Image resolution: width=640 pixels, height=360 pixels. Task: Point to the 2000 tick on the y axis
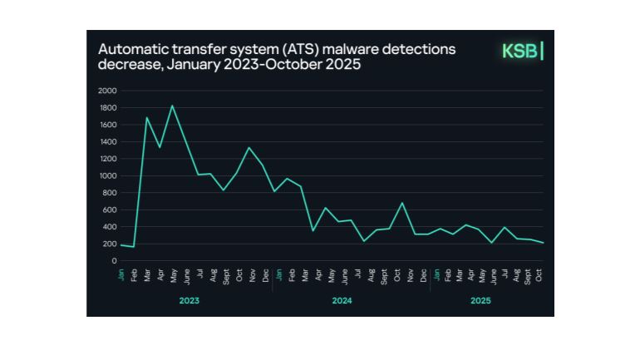[107, 91]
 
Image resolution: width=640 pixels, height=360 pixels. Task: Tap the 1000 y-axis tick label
[107, 175]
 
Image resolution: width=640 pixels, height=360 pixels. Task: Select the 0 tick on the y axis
[115, 261]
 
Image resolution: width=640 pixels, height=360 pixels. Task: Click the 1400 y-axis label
[107, 141]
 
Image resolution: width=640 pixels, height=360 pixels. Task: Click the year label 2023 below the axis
[190, 300]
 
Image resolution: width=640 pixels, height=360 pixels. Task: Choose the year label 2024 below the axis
[342, 300]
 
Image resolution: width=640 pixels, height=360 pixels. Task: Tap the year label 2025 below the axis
[480, 300]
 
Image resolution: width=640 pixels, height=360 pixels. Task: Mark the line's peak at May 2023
[172, 106]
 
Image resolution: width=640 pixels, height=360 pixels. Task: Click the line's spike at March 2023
[147, 117]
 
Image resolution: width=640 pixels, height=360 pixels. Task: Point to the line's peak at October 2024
[402, 203]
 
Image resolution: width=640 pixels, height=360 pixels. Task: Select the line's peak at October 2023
[249, 147]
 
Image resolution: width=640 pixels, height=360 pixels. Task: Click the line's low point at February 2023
[134, 247]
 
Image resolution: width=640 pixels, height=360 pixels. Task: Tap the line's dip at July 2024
[363, 241]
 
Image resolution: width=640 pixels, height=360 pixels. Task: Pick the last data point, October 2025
[542, 243]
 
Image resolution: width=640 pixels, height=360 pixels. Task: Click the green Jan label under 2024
[278, 274]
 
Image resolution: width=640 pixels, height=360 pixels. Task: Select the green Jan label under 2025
[437, 274]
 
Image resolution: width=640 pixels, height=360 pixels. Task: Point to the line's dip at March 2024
[313, 230]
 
